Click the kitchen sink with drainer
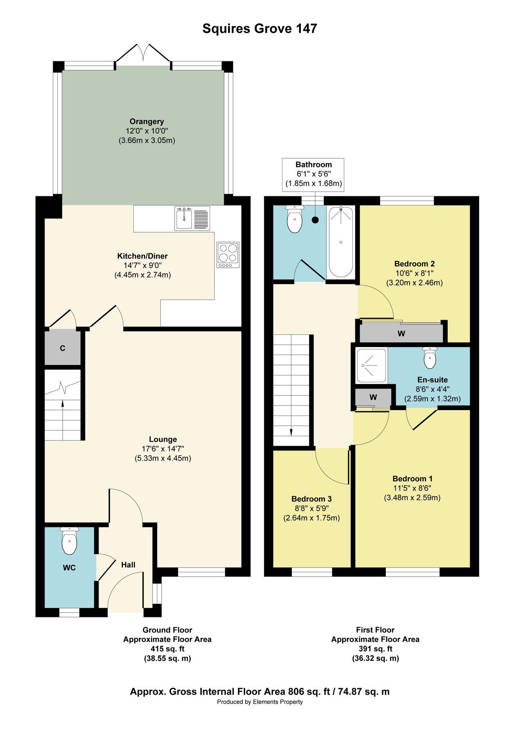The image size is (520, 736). pyautogui.click(x=192, y=218)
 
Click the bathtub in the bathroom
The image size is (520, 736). pyautogui.click(x=341, y=242)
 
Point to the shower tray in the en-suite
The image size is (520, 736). pyautogui.click(x=371, y=365)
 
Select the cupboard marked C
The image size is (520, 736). pyautogui.click(x=63, y=348)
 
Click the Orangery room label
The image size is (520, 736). pyautogui.click(x=147, y=121)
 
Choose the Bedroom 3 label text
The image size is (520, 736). pyautogui.click(x=312, y=499)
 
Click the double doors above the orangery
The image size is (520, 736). pyautogui.click(x=143, y=53)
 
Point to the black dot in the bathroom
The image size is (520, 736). pyautogui.click(x=315, y=220)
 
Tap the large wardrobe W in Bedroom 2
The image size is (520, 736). pyautogui.click(x=401, y=334)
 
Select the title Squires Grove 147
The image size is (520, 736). pyautogui.click(x=260, y=29)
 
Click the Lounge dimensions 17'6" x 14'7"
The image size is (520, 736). pyautogui.click(x=163, y=449)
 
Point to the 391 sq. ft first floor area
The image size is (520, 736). pyautogui.click(x=375, y=649)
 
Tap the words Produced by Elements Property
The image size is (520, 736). pyautogui.click(x=260, y=702)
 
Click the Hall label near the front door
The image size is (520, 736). pyautogui.click(x=128, y=565)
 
